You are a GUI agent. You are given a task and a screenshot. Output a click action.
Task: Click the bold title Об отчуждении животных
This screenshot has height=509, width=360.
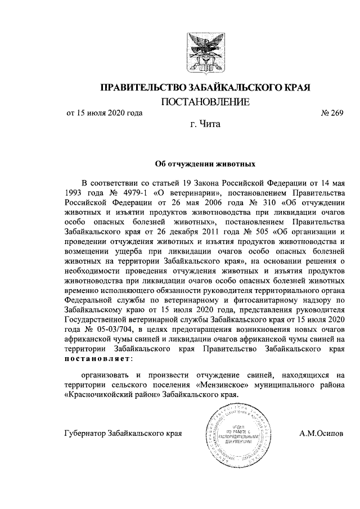coord(205,165)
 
